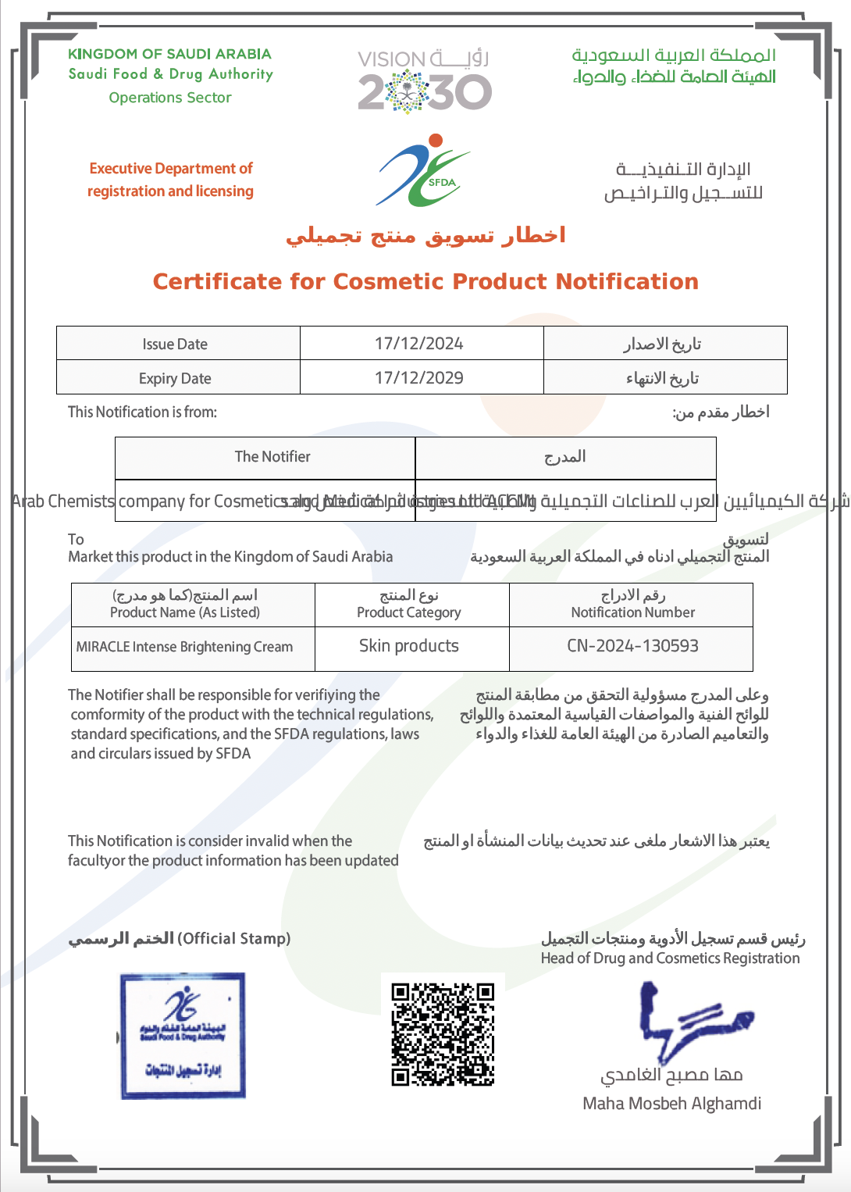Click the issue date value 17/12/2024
click(x=419, y=344)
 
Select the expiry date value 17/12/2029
click(x=419, y=378)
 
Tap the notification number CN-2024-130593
click(x=632, y=646)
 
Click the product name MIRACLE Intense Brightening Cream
click(x=185, y=647)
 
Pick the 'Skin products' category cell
click(x=409, y=646)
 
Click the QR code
click(x=443, y=1034)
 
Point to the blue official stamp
click(x=183, y=1035)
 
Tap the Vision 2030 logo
click(x=424, y=80)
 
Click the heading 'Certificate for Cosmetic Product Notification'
click(x=425, y=281)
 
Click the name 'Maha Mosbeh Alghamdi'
click(x=671, y=1104)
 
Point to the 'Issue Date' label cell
click(x=175, y=344)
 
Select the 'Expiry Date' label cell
click(x=175, y=379)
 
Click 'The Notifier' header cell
click(x=272, y=457)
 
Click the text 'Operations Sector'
click(x=170, y=98)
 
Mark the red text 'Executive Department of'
click(x=171, y=169)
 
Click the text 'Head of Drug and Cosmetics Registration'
click(x=670, y=958)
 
